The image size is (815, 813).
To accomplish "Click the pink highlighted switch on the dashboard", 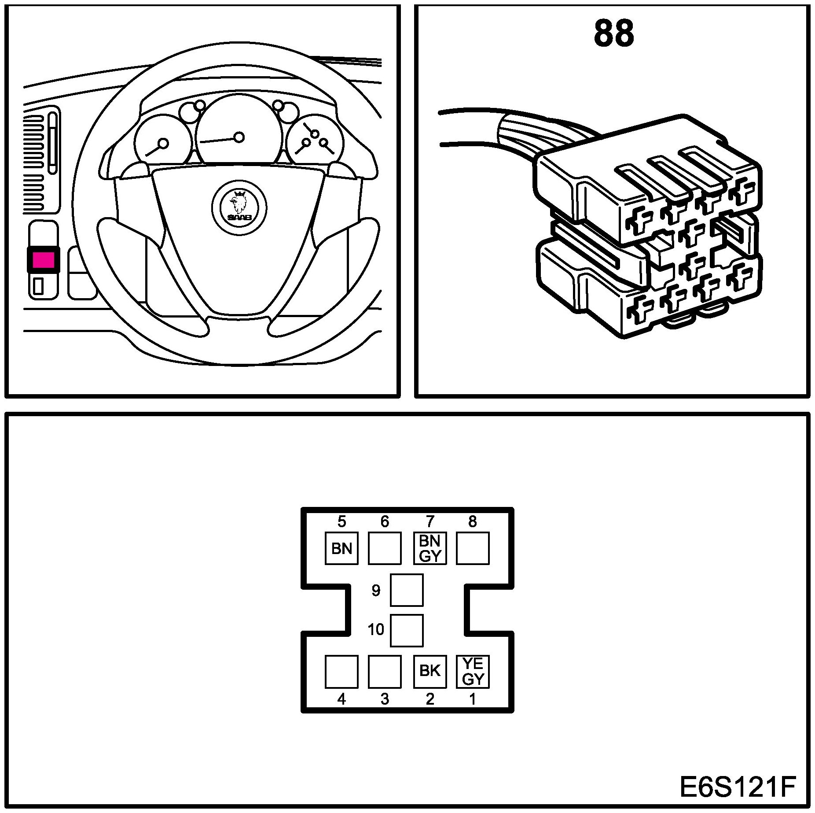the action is coord(43,259).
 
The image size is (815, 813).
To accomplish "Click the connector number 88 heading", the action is coord(613,33).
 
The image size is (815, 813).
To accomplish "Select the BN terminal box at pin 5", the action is coord(341,548).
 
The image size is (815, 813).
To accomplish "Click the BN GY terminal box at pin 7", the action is coord(430,548).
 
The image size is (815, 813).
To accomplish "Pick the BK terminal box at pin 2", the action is coord(430,671).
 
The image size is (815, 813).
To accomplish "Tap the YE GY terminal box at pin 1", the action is coord(473,671).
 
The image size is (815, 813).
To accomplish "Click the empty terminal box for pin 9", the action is coord(407,590).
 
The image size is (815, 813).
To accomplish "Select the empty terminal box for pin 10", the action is coord(407,630).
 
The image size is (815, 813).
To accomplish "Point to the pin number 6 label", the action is coord(385,522).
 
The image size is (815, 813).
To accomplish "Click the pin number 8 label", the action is coord(472,522).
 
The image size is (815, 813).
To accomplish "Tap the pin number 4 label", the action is coord(341,699).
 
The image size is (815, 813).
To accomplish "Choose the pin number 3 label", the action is coord(385,699).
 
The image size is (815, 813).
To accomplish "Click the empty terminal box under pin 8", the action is coord(473,548).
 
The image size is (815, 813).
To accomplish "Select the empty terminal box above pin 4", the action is coord(341,671).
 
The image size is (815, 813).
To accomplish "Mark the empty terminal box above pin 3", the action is coord(385,671).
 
